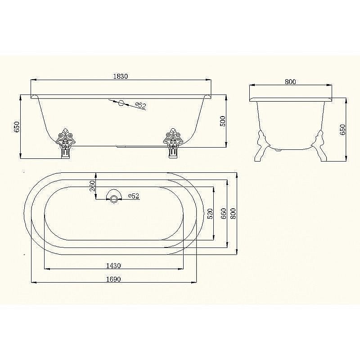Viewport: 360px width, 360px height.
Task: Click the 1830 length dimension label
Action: [x=121, y=76]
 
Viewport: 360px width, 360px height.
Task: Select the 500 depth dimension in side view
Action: [x=223, y=121]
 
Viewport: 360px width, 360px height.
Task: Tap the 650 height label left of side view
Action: [x=17, y=127]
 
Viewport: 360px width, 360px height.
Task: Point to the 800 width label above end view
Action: [x=290, y=82]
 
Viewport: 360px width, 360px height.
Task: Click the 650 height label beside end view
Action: [x=342, y=130]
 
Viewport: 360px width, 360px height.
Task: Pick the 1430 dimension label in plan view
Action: [x=113, y=265]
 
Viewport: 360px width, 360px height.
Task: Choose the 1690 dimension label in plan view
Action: [x=113, y=279]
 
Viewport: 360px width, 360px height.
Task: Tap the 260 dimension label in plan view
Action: [x=92, y=186]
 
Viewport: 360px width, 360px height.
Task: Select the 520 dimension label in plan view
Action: [x=210, y=213]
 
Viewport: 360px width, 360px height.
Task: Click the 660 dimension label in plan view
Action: [x=223, y=213]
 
